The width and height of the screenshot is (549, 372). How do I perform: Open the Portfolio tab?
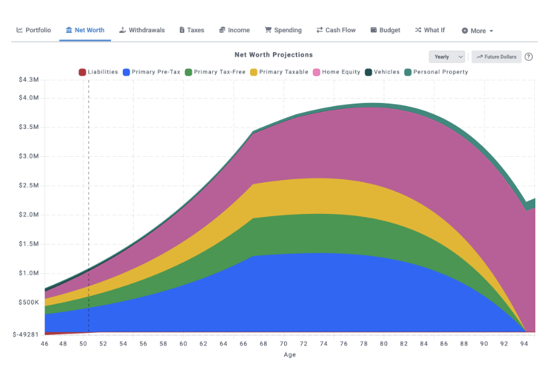33,30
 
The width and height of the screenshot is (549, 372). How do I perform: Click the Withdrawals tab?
142,30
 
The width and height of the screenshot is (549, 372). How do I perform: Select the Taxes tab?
192,30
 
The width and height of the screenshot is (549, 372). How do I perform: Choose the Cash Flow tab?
336,30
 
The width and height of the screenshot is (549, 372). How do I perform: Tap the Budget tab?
385,30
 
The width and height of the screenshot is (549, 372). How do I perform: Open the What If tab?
430,30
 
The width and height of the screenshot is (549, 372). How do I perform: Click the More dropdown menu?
477,30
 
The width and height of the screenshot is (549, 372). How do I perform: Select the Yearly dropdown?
447,56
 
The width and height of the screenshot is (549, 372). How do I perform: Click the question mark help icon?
529,56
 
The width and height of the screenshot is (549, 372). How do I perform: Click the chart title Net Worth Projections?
274,55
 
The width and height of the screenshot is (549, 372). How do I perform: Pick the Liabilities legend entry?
99,72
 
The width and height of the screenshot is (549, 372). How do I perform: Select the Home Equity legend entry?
337,72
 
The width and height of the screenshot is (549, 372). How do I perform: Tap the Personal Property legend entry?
436,72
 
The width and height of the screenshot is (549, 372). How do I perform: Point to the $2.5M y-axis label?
29,185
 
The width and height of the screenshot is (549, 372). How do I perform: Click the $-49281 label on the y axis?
25,334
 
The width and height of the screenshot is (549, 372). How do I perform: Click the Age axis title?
290,355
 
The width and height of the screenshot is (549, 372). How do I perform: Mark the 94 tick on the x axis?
524,343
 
